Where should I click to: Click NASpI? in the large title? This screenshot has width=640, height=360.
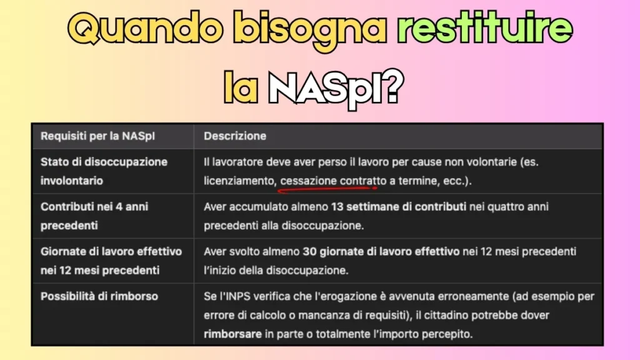pyautogui.click(x=335, y=88)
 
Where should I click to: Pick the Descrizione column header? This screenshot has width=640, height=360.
pyautogui.click(x=235, y=136)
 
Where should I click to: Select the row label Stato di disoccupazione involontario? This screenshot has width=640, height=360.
pyautogui.click(x=104, y=171)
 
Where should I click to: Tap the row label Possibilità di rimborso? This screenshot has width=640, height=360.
pyautogui.click(x=99, y=296)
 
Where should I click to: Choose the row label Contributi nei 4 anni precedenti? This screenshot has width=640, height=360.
pyautogui.click(x=94, y=216)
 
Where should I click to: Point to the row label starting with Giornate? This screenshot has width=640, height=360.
pyautogui.click(x=111, y=261)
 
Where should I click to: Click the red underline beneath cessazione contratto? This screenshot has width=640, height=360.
pyautogui.click(x=329, y=187)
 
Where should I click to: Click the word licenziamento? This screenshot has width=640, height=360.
pyautogui.click(x=239, y=181)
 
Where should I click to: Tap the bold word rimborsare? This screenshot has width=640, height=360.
pyautogui.click(x=232, y=334)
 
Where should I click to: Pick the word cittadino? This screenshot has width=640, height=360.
pyautogui.click(x=442, y=315)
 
